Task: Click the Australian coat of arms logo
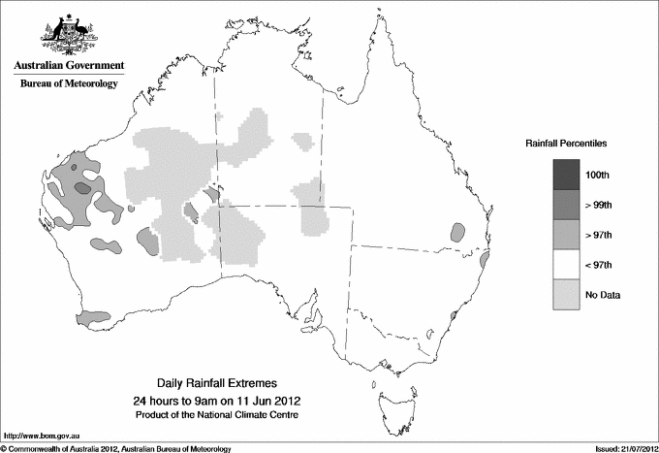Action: point(67,33)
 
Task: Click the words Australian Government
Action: point(68,66)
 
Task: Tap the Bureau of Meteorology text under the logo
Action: point(68,84)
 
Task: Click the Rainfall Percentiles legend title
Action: point(566,143)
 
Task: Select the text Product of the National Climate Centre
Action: point(215,415)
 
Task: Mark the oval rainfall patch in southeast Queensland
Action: point(457,233)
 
